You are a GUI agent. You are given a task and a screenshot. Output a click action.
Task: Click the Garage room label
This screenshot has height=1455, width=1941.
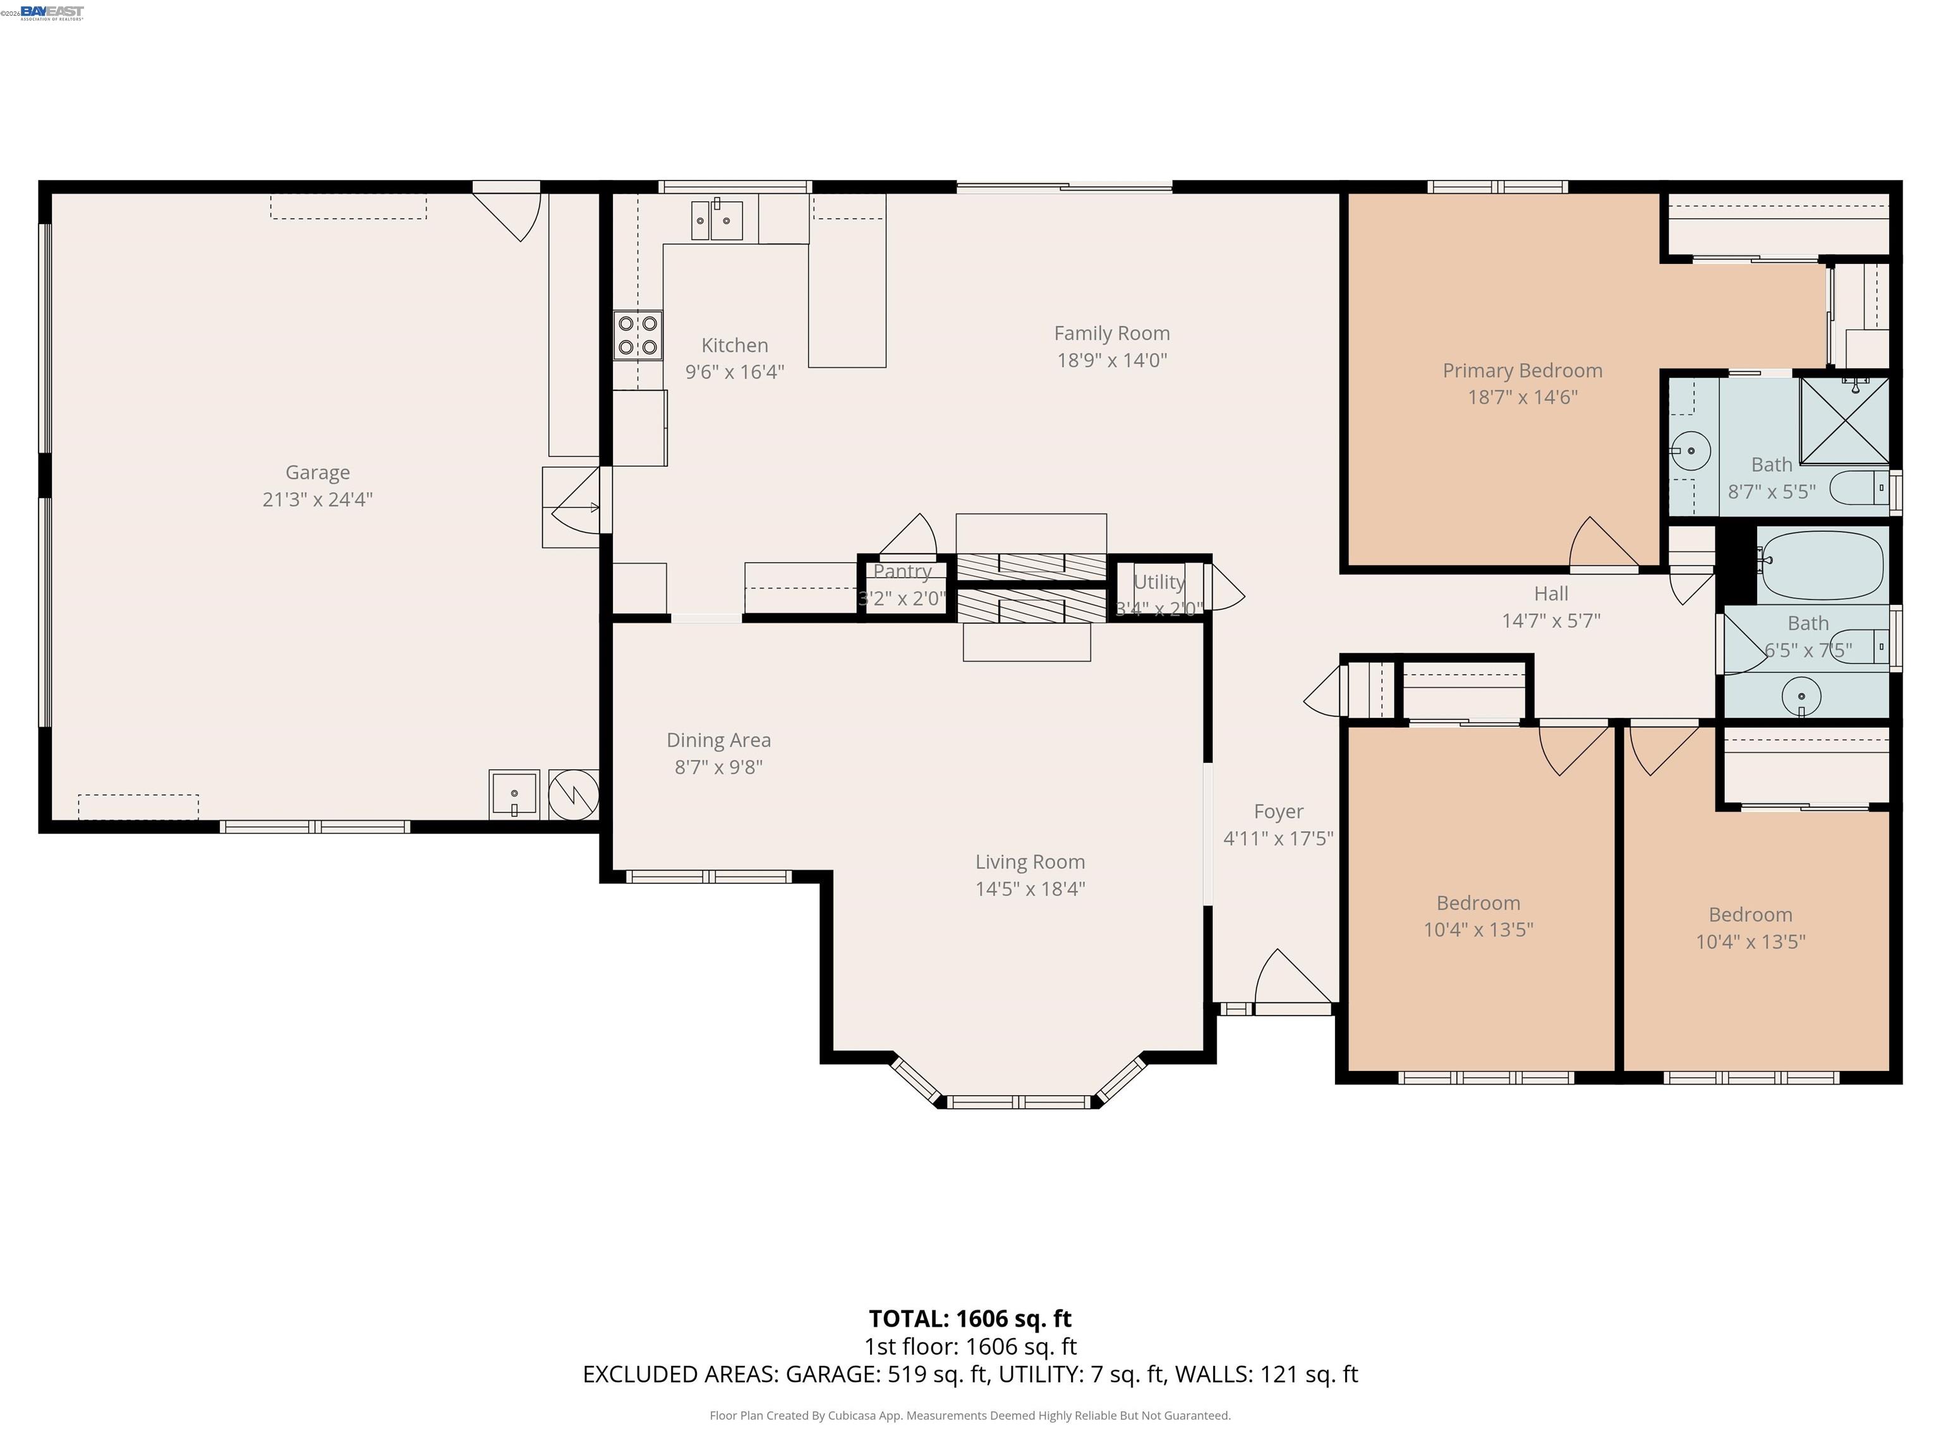click(x=318, y=473)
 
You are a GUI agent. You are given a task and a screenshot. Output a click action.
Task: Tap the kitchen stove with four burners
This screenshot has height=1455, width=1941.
click(x=638, y=335)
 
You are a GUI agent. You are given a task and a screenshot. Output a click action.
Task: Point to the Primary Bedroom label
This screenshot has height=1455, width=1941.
click(x=1523, y=371)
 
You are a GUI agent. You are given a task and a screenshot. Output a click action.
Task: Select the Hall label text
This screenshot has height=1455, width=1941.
click(x=1551, y=594)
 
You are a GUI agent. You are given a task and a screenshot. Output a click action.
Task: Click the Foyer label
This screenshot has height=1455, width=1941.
click(x=1278, y=811)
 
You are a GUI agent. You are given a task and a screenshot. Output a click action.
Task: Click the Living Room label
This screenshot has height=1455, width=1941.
click(x=1030, y=862)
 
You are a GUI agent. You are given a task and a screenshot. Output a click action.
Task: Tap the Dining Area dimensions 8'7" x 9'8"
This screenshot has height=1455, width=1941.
click(x=718, y=767)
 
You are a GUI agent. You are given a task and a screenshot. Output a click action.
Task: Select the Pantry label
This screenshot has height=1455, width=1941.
click(x=902, y=572)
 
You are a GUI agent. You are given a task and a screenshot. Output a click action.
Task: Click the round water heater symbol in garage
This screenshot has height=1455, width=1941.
click(x=573, y=794)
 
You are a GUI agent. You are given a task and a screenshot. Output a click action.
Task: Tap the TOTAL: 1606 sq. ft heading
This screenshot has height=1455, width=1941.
click(x=970, y=1318)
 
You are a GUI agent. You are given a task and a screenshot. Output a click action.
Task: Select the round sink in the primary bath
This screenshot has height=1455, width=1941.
click(x=1691, y=452)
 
